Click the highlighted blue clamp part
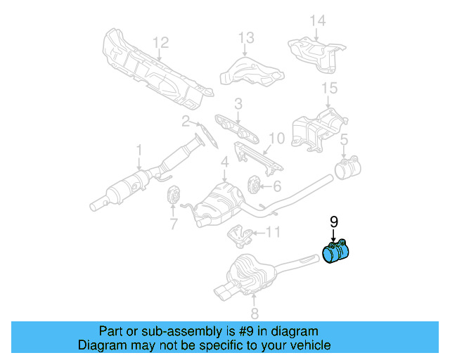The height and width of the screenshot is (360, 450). point(338,253)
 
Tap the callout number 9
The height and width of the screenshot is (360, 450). point(334,221)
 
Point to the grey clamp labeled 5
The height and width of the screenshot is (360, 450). point(347,169)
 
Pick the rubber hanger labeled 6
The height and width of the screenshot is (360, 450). point(253,186)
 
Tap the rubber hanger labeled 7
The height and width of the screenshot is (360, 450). point(172,198)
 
